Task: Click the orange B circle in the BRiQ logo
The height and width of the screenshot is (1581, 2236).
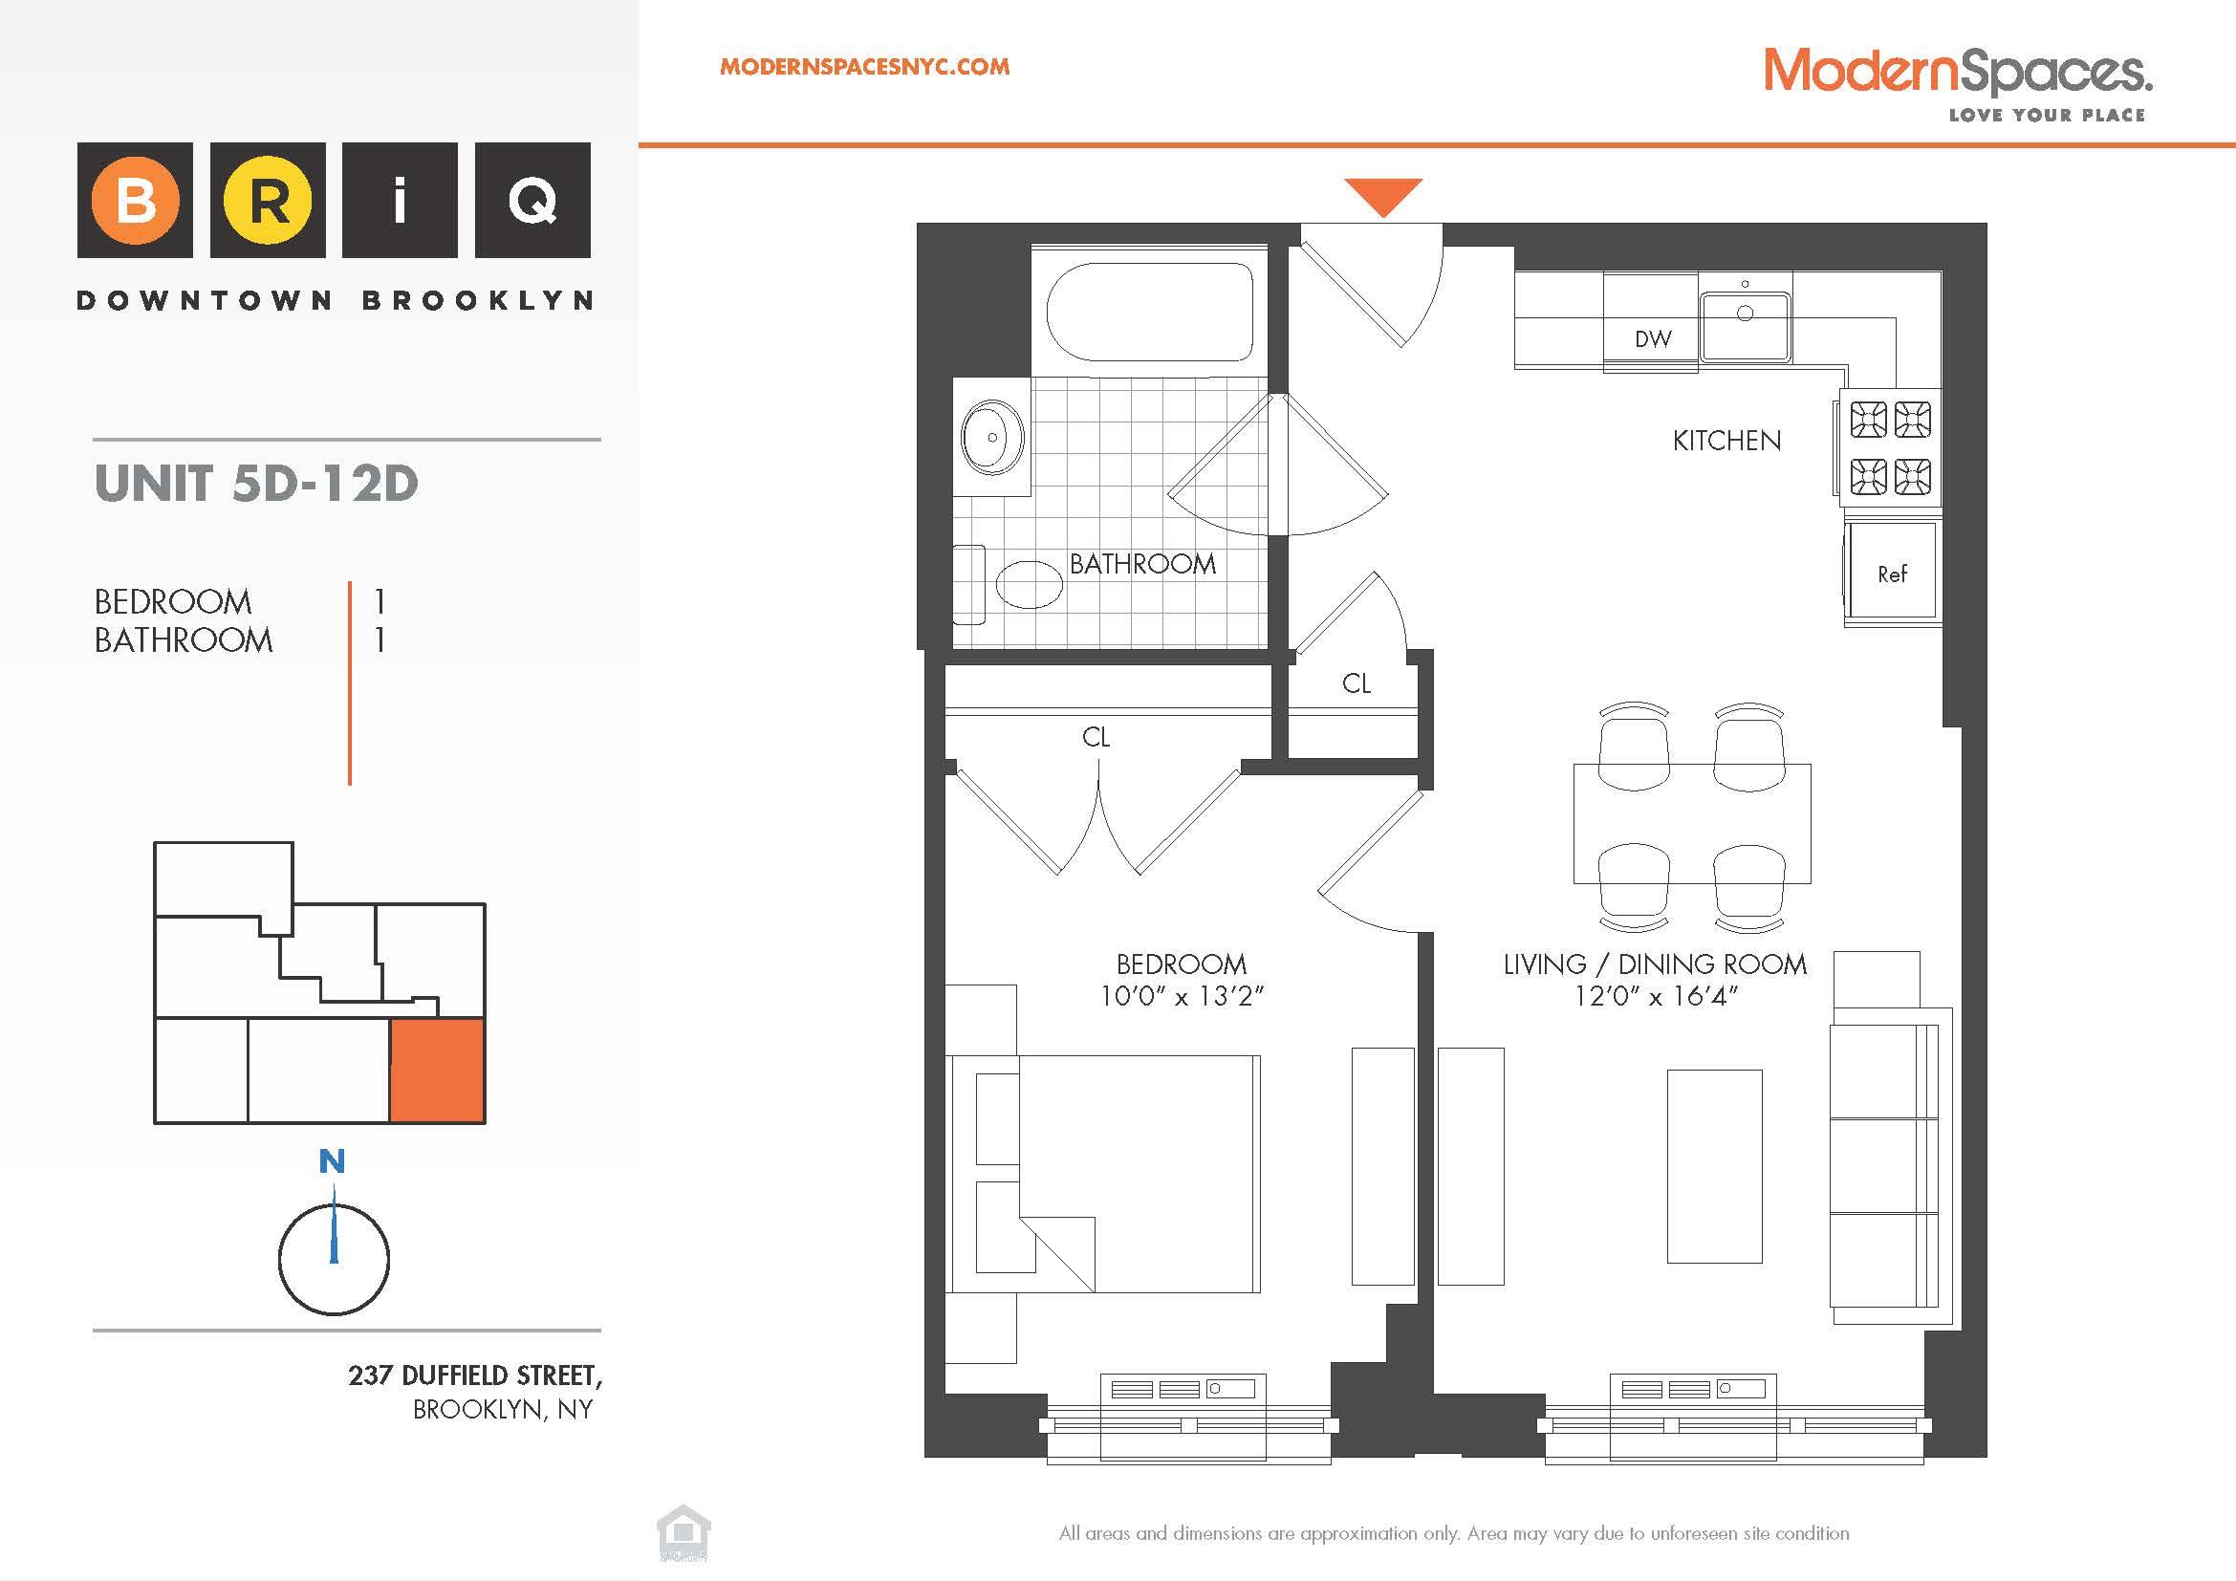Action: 136,200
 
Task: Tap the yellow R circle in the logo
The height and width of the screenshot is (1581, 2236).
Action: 268,200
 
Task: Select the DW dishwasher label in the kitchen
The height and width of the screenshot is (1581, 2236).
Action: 1653,338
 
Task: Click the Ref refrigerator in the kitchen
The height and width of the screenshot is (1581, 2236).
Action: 1892,574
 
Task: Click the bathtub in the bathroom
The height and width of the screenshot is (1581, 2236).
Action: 1149,312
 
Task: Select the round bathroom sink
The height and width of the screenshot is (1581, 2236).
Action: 992,437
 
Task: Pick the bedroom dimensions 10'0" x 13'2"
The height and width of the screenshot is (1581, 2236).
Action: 1182,996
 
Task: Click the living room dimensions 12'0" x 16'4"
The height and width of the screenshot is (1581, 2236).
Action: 1656,996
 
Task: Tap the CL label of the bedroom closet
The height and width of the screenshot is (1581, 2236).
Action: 1096,737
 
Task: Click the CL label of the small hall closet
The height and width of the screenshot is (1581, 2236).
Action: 1356,683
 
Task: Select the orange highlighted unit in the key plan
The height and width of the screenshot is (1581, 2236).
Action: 437,1070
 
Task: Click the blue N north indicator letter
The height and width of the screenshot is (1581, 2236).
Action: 332,1161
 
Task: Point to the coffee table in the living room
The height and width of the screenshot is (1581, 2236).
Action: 1714,1165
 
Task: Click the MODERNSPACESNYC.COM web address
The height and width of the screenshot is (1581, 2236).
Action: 864,67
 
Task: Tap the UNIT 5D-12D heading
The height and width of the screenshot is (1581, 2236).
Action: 256,483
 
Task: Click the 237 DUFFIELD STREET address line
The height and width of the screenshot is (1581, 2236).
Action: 475,1375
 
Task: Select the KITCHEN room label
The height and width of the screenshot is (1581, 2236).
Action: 1726,441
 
